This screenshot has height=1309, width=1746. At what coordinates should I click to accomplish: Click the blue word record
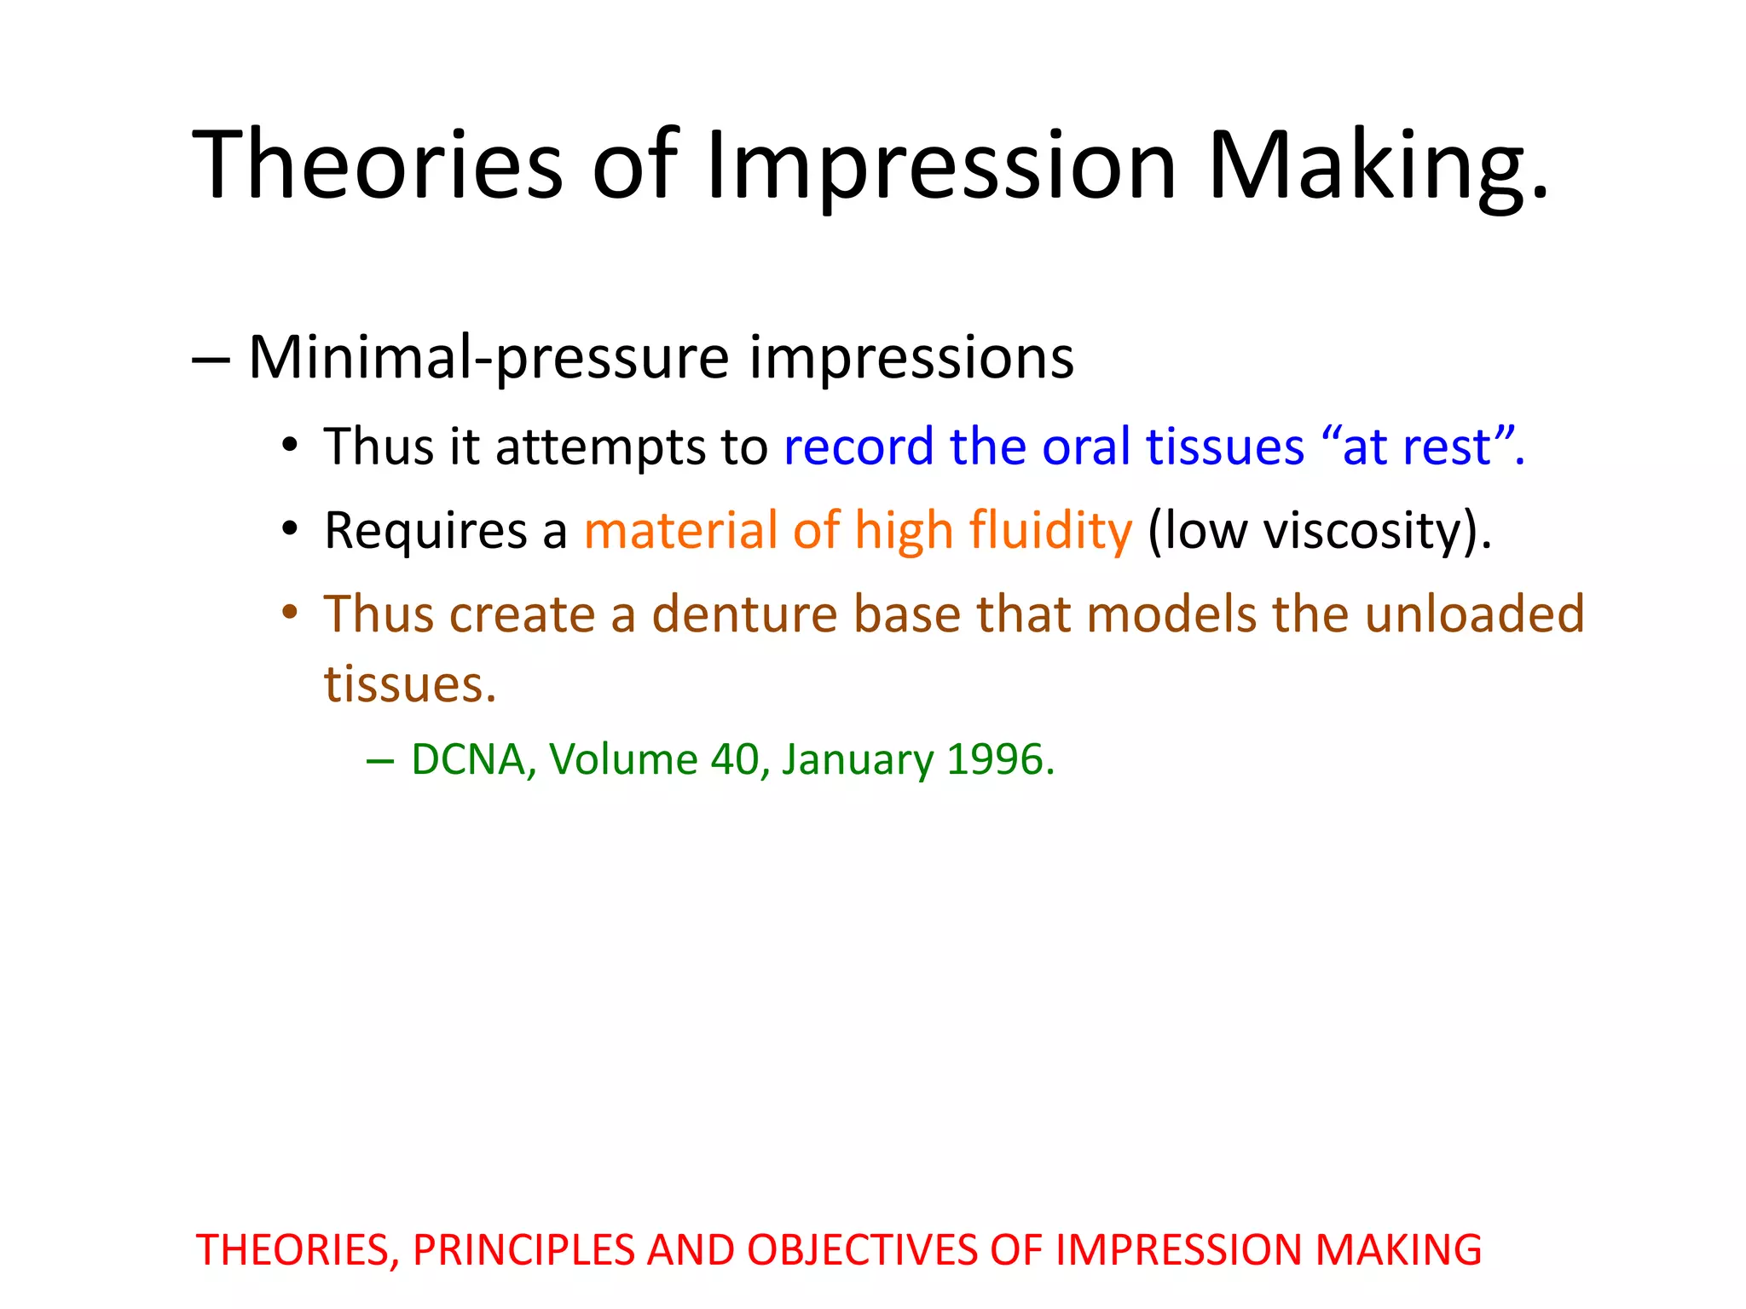pos(859,447)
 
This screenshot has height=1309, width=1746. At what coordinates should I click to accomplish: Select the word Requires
pos(426,530)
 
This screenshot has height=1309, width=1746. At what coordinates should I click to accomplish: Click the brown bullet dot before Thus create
pos(290,612)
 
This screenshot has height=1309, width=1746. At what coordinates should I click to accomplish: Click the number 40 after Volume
pos(734,759)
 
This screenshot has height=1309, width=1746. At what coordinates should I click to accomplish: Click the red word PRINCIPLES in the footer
pos(523,1250)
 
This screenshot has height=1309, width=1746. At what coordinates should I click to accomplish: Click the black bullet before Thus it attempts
pos(290,445)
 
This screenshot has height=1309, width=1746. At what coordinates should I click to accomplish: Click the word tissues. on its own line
pos(409,683)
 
